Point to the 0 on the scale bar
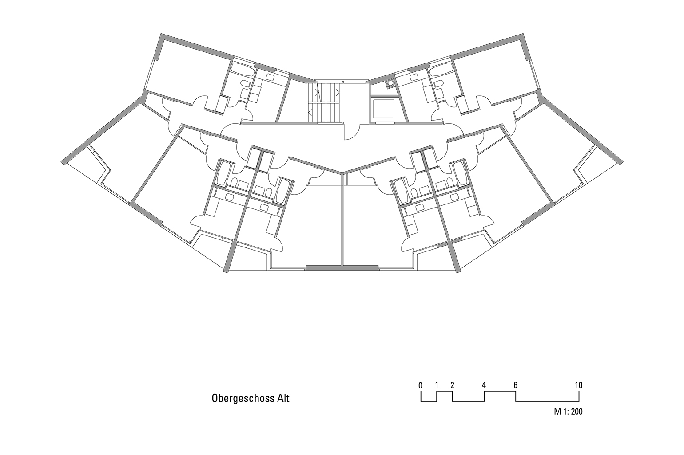click(x=421, y=385)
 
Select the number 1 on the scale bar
click(x=437, y=385)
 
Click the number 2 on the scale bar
click(x=452, y=385)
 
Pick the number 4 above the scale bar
click(x=484, y=385)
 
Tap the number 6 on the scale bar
click(x=515, y=385)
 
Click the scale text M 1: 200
click(x=568, y=412)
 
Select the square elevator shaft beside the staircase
click(x=384, y=108)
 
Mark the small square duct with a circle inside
click(x=390, y=83)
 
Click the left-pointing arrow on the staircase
click(x=310, y=113)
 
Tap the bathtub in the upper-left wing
click(x=242, y=70)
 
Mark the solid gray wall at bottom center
click(x=342, y=267)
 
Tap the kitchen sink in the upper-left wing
click(x=270, y=77)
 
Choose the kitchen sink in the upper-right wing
click(x=414, y=77)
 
